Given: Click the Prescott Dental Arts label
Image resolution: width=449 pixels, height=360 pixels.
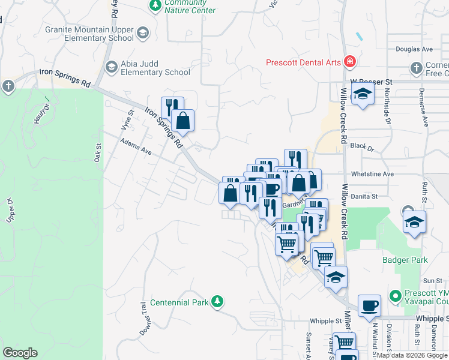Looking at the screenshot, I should pos(304,62).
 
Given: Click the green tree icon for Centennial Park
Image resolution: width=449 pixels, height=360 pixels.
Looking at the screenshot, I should pos(220,302).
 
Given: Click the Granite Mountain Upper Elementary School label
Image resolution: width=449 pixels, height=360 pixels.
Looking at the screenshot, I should pos(89,34).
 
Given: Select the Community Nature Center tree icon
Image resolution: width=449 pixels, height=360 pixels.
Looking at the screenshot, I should pos(155,5).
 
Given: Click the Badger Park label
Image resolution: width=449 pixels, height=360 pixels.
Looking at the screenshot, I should pos(405,260).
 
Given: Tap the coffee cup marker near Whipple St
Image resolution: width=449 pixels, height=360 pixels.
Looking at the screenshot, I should pos(369,305).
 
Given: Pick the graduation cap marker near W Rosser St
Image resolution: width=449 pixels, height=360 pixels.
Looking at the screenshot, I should pos(363,94).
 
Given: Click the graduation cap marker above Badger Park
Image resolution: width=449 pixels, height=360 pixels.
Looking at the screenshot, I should pos(414,221).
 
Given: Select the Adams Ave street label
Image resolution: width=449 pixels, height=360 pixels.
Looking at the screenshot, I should pos(136,148).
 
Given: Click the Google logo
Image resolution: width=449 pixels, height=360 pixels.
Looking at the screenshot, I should pos(20,353).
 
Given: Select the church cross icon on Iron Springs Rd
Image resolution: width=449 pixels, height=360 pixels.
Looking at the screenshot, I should pos(8,86).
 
